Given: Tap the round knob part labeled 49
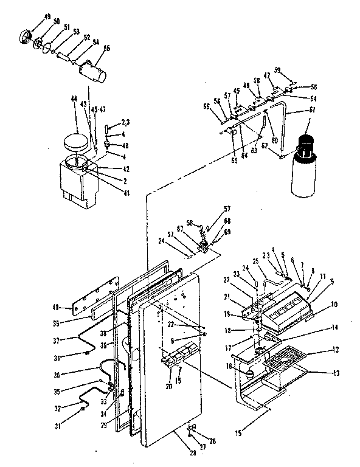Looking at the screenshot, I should click(27, 35).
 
